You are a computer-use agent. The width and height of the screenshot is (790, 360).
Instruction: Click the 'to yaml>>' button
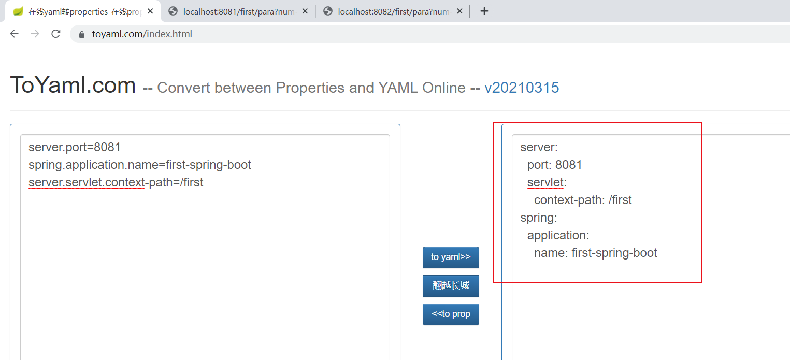[451, 257]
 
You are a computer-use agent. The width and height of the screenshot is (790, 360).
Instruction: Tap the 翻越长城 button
[451, 286]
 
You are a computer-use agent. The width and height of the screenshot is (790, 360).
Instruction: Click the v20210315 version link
[522, 88]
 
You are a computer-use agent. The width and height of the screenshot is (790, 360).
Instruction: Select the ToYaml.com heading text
[73, 85]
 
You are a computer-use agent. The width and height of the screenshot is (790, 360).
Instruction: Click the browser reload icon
[56, 34]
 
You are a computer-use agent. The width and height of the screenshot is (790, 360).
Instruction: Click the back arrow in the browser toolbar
[14, 34]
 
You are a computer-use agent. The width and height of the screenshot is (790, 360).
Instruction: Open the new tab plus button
[484, 11]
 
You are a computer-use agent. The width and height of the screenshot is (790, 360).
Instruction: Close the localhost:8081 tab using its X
[305, 11]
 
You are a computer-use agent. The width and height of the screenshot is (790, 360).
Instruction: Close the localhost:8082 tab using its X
[459, 11]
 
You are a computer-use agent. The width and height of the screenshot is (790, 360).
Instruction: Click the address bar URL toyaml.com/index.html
[142, 34]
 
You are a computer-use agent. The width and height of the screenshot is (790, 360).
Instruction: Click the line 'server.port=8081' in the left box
[75, 147]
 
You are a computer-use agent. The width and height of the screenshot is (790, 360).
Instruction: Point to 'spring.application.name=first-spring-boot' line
[140, 165]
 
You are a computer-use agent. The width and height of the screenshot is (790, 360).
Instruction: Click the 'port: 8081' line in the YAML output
[554, 165]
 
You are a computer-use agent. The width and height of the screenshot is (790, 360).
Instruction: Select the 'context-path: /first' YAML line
[583, 200]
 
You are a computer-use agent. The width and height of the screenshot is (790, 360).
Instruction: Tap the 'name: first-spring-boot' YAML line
[595, 253]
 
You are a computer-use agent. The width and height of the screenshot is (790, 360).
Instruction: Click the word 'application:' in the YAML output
[558, 235]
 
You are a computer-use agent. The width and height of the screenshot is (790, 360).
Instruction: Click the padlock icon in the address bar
[81, 34]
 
